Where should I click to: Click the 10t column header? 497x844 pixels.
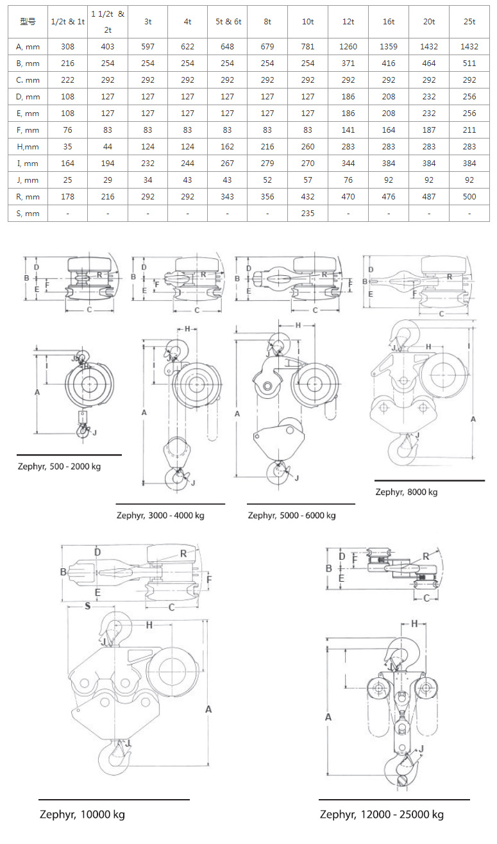point(308,22)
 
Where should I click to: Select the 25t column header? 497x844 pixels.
point(469,22)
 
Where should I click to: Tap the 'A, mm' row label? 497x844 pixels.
point(28,46)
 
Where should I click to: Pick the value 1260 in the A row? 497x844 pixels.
point(348,46)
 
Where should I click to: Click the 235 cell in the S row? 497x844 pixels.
point(308,214)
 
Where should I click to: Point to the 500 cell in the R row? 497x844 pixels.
point(469,197)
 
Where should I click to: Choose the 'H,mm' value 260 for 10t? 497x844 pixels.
point(308,147)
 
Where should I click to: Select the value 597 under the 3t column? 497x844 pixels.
point(147,46)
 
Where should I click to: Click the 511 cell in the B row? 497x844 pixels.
point(469,63)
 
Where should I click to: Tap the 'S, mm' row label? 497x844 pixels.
point(28,214)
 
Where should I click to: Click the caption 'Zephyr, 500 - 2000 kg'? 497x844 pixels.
point(59,466)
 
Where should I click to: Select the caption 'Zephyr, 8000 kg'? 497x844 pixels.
point(407,492)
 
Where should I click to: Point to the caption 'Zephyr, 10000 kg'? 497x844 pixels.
point(82,815)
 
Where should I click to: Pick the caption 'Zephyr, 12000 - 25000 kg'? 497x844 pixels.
point(382,815)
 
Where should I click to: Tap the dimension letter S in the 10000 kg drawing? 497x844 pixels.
point(87,606)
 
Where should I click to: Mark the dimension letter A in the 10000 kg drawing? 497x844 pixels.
point(208,709)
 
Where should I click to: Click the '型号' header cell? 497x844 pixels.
point(28,22)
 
